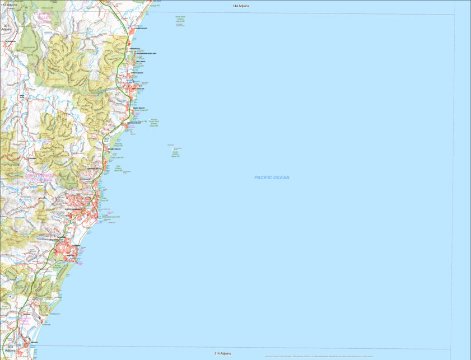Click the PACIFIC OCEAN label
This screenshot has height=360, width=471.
pos(272,177)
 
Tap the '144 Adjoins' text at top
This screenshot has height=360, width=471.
pos(241,6)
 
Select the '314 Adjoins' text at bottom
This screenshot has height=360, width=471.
pos(222,354)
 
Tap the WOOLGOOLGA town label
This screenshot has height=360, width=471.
pos(138,88)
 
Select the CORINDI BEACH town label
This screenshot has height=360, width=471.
pos(140,28)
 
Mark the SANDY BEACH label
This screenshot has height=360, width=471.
pos(139,108)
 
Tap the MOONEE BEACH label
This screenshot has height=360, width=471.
pos(114,149)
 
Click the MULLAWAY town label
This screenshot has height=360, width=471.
pos(139,62)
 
